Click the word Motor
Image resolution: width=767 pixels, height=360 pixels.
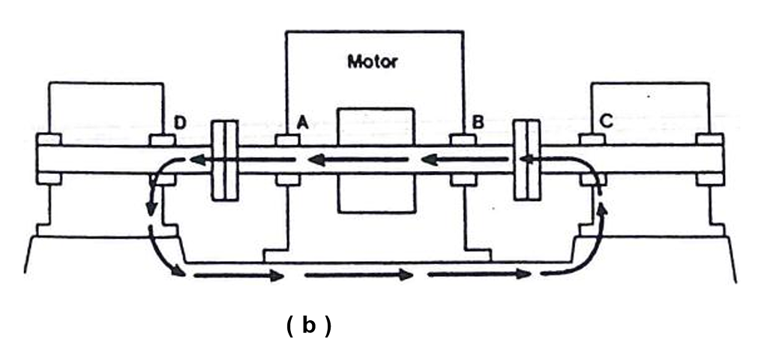click(x=372, y=61)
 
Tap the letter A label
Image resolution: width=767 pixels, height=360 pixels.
click(x=302, y=121)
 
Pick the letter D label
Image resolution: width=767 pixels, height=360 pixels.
click(x=181, y=121)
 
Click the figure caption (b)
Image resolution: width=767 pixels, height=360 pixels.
click(x=308, y=326)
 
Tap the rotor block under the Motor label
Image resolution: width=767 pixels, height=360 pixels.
click(x=376, y=160)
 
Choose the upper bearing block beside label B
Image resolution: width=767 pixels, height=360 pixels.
click(x=463, y=140)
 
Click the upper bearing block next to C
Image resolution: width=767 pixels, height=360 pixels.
click(x=592, y=140)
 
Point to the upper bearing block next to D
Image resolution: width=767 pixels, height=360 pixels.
click(x=163, y=140)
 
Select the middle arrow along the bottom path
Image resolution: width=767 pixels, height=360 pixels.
click(x=360, y=275)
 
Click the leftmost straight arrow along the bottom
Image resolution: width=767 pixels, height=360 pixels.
click(x=239, y=276)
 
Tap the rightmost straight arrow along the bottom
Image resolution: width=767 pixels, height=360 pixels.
click(x=480, y=274)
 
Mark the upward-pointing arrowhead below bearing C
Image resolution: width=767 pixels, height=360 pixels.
click(x=601, y=208)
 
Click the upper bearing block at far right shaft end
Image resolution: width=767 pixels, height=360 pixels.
click(x=709, y=140)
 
